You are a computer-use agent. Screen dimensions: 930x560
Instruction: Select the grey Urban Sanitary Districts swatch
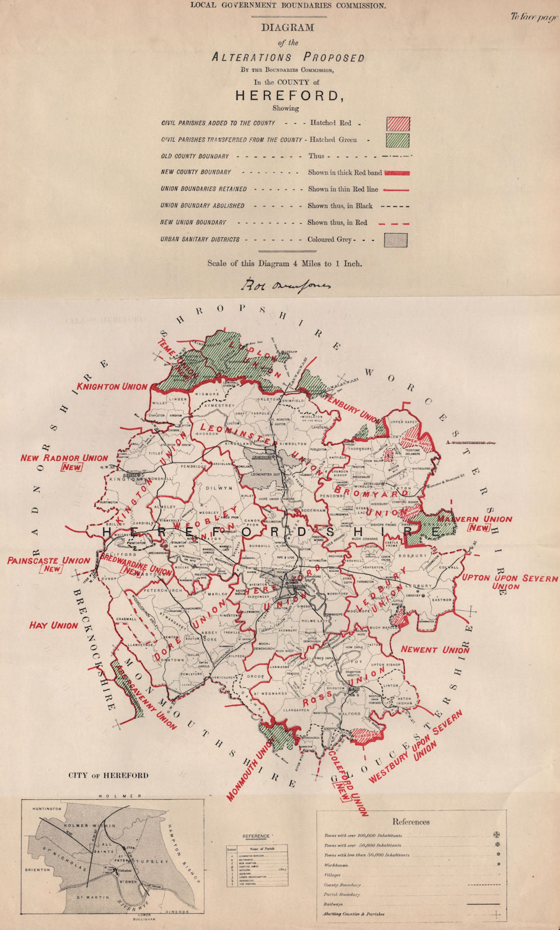point(395,239)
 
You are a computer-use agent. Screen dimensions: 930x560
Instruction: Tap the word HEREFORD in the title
point(286,96)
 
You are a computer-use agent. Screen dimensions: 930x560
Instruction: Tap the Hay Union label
point(53,625)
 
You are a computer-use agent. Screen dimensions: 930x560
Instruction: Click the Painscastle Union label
point(49,561)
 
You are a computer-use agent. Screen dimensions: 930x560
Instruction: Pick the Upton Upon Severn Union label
point(490,582)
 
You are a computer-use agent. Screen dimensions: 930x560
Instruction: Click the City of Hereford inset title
point(108,775)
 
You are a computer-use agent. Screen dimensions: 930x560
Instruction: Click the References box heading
point(411,822)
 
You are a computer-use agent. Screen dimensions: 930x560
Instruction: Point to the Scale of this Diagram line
point(285,263)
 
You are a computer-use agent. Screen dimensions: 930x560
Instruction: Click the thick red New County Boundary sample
point(397,173)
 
